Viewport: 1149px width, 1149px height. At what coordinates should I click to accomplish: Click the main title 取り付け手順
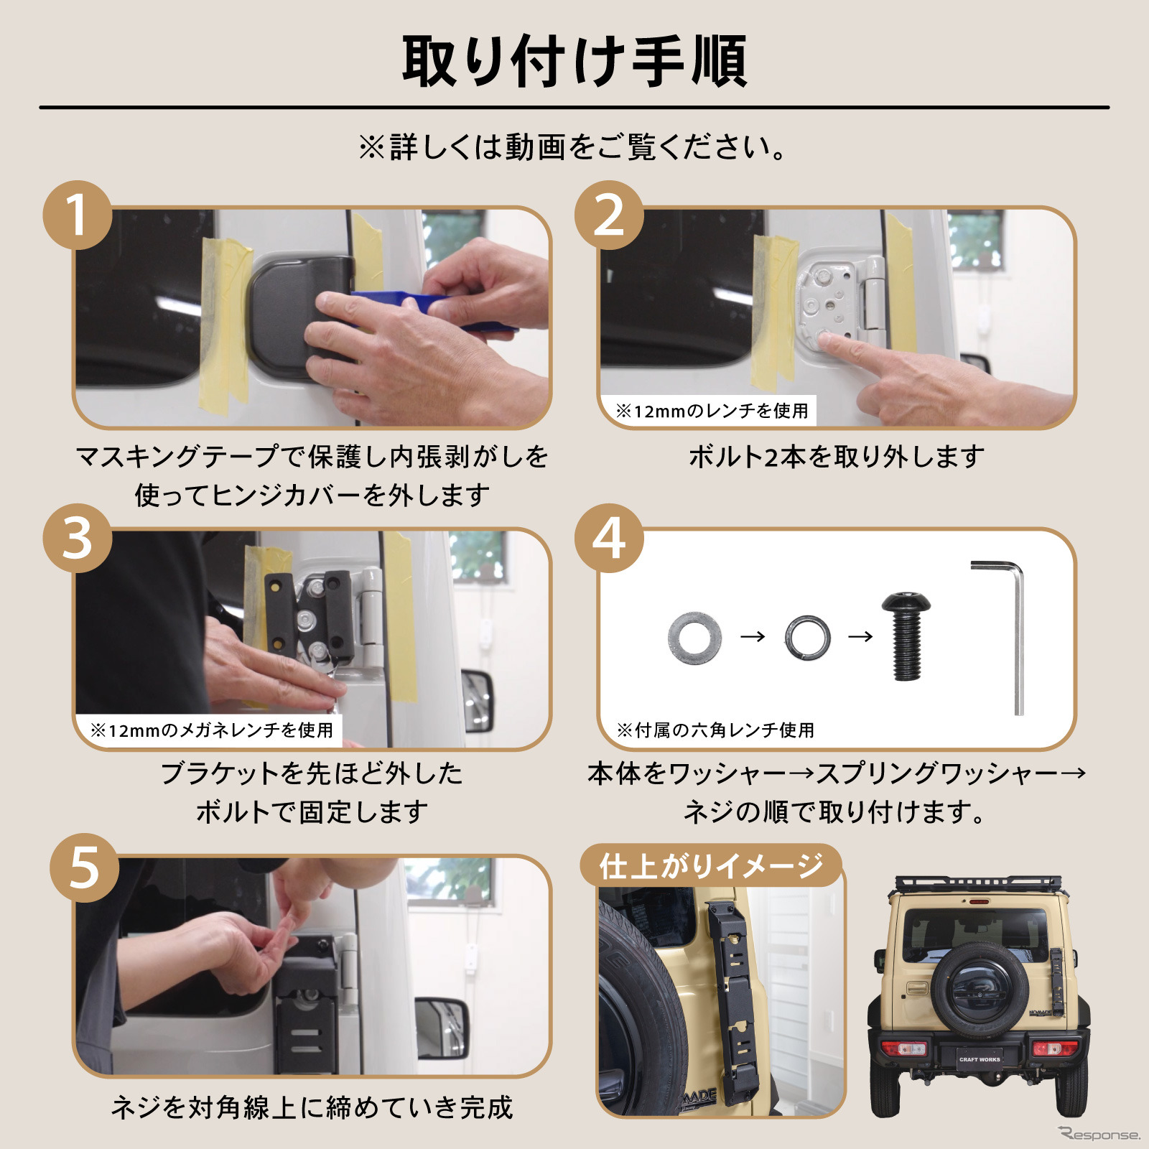tap(574, 62)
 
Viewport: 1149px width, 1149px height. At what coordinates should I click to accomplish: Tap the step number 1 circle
tap(78, 215)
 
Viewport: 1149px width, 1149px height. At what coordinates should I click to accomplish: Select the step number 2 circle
tap(609, 215)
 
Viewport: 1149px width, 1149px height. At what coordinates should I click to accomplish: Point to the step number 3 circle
tap(78, 538)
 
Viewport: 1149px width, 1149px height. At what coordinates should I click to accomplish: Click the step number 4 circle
tap(609, 538)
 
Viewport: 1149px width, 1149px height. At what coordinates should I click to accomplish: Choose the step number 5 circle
tap(84, 867)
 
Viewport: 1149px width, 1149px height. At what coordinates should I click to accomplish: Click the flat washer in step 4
tap(694, 638)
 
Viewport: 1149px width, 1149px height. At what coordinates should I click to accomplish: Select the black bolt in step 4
tap(906, 635)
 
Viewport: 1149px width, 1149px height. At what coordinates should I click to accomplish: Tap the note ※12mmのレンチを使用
tap(712, 411)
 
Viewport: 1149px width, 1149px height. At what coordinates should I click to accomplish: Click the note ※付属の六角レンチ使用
tap(715, 730)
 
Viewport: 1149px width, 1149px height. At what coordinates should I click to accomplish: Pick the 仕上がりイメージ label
tap(711, 866)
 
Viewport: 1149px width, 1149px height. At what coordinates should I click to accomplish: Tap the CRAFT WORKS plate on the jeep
tap(979, 1059)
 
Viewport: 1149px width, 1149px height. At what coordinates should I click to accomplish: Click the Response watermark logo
tap(1099, 1134)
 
